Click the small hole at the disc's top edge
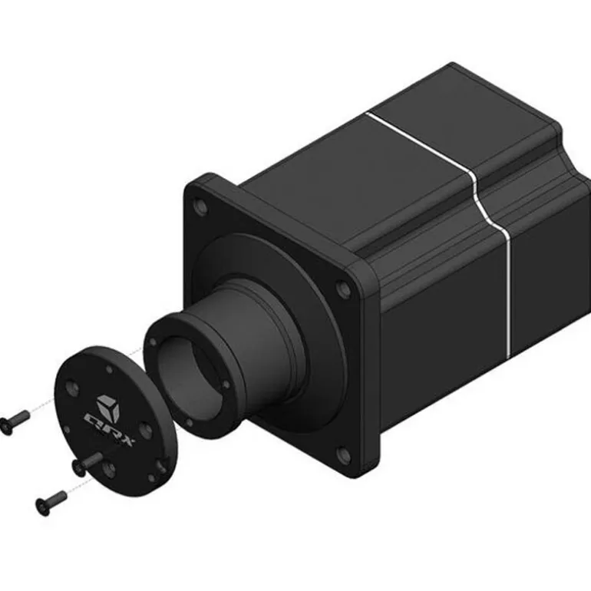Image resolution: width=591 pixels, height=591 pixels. (x=110, y=370)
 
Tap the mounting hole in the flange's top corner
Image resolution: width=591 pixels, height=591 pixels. (x=202, y=206)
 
